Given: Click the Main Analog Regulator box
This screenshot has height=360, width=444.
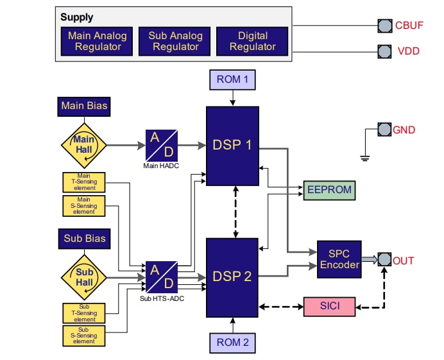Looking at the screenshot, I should coord(98,41).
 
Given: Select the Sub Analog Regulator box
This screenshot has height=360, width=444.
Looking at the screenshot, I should coord(175,41).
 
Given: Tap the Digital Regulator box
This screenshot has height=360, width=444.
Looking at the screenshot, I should coord(252,41).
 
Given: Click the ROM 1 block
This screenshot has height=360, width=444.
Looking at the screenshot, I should coord(232,80).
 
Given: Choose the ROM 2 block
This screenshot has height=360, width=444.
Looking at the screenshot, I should coord(232,342).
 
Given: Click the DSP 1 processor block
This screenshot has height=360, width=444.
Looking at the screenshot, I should coord(232,145).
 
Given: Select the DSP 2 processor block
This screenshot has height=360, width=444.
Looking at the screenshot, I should coord(232,277).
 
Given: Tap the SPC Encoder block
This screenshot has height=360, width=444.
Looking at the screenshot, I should coord(340,260).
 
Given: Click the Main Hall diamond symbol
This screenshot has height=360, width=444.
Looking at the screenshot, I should coord(84,145).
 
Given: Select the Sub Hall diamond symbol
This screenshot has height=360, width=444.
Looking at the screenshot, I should coord(84,277).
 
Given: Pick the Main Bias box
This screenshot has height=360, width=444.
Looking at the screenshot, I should coord(84,106).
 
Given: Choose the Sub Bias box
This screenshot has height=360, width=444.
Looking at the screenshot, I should coord(84,238).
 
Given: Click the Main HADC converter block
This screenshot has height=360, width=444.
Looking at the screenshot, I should coord(162,145).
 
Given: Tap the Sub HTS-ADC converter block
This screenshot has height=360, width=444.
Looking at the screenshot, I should coord(162,277).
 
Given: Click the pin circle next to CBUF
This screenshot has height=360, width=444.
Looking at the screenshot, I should coord(384,26).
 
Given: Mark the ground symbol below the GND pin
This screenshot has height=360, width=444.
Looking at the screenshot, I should coord(364,157).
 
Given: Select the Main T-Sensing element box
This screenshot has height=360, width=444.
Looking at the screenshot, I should coord(84,182).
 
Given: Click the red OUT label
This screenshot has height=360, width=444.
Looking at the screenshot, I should coord(404,261).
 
